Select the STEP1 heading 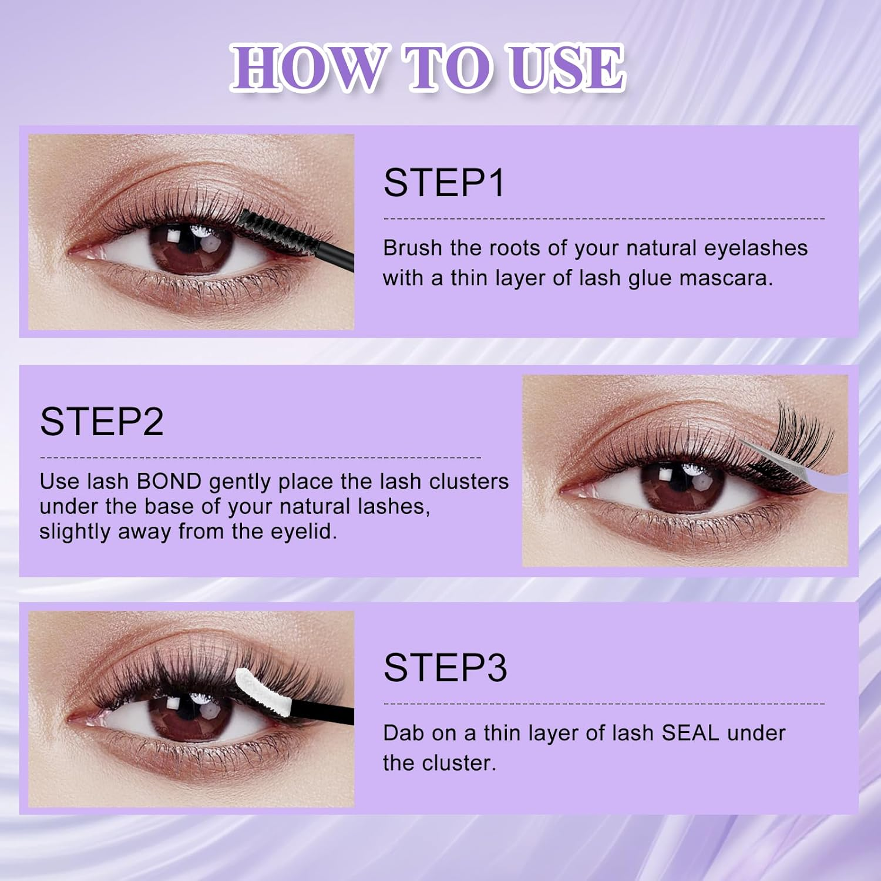point(444,183)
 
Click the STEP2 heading point(102,422)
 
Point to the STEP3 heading point(445,668)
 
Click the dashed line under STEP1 point(604,218)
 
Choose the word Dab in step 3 point(402,733)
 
